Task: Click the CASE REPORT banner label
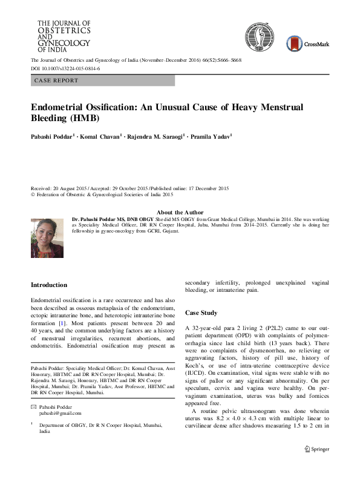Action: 57,81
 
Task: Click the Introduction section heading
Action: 49,285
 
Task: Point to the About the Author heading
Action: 180,212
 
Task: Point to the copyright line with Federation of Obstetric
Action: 102,195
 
